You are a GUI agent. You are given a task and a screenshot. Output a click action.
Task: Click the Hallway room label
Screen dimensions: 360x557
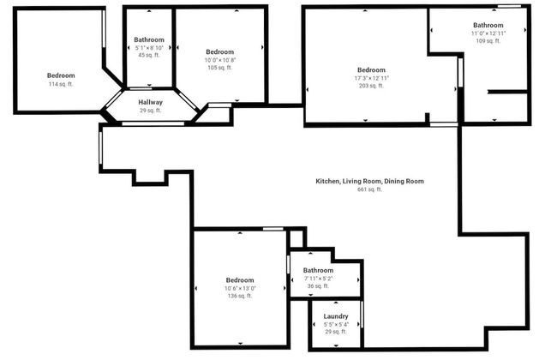(150, 102)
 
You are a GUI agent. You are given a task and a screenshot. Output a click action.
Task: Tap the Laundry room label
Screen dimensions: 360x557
(335, 316)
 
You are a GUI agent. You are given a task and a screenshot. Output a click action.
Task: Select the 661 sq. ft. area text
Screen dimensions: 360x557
(369, 189)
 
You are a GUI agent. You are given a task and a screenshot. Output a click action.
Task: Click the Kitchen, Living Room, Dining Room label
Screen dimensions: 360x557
(369, 181)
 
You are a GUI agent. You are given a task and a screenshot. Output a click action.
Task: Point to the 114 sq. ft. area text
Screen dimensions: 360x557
(60, 84)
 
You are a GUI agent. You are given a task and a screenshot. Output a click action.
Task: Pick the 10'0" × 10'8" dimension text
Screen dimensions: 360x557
(219, 60)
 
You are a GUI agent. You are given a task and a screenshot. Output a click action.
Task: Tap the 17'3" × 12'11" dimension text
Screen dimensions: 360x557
(371, 78)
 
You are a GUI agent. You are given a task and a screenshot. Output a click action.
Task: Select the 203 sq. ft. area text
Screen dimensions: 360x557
(371, 86)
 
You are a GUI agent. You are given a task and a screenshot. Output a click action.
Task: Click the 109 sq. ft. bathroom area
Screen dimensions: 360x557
(488, 41)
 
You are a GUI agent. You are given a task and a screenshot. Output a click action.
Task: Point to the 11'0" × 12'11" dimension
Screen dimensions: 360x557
(488, 33)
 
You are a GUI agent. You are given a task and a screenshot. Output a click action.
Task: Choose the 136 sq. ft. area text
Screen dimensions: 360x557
(240, 296)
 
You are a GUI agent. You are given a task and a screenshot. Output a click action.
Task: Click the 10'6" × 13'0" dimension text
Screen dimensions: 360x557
(240, 288)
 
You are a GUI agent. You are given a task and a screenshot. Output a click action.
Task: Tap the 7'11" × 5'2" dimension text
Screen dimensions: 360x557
(318, 279)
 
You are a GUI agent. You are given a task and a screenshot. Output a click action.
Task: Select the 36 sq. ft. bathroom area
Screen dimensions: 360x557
(318, 286)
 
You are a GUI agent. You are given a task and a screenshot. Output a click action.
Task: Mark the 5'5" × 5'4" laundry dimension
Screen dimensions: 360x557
(335, 324)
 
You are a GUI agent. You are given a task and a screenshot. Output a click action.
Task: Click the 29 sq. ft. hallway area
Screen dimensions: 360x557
(150, 111)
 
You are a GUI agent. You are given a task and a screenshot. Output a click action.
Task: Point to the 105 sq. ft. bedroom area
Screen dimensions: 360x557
(219, 68)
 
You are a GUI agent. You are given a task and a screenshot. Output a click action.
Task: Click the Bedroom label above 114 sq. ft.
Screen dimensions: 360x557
(60, 75)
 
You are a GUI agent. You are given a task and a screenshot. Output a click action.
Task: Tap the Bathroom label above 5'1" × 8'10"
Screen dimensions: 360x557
(149, 40)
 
